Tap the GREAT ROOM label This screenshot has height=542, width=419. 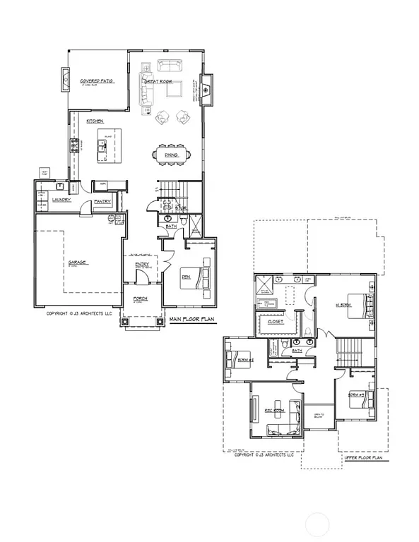click(159, 82)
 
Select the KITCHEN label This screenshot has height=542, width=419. click(95, 121)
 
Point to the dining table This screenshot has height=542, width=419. click(172, 155)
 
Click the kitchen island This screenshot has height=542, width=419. click(106, 145)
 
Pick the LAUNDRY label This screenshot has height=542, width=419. click(62, 200)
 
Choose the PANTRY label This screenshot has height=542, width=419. click(103, 201)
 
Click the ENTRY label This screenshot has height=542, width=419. click(141, 265)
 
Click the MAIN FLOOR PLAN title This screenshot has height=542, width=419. click(191, 319)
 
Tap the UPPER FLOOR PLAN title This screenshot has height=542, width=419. click(363, 458)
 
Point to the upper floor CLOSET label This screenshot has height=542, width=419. click(275, 322)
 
